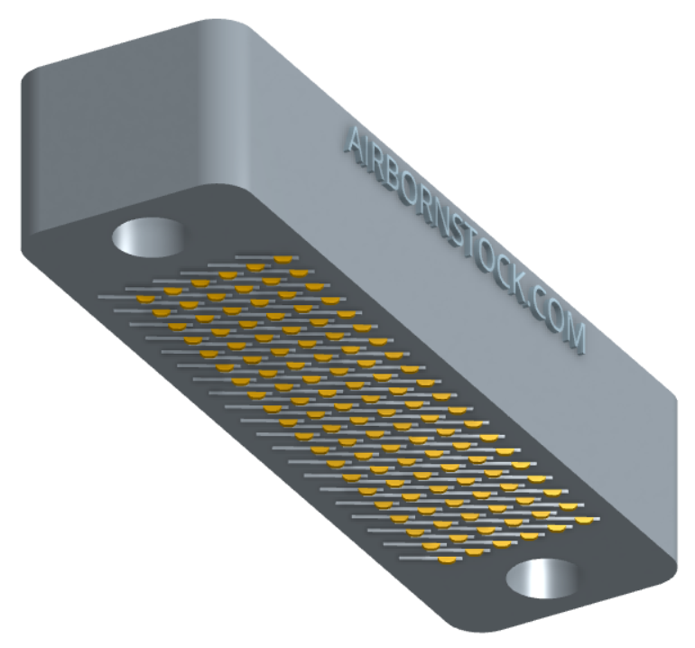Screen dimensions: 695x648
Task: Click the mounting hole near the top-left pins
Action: point(149,237)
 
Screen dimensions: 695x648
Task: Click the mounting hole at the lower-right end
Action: point(542,578)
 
